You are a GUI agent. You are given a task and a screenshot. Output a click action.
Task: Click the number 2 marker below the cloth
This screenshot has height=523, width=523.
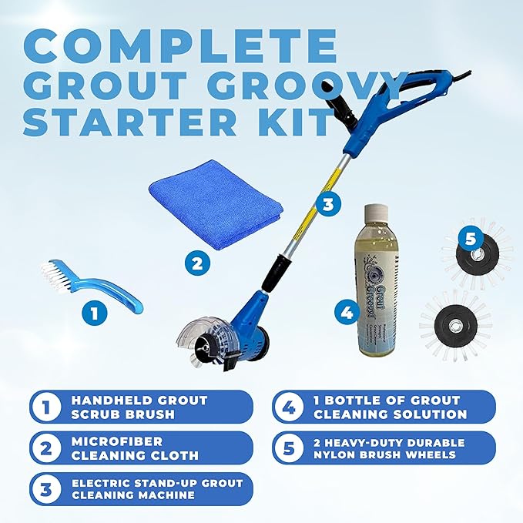(197, 263)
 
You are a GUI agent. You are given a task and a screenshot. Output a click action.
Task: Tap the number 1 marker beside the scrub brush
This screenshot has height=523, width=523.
(94, 313)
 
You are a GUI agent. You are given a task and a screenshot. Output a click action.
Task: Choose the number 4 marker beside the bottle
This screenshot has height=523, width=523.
(347, 313)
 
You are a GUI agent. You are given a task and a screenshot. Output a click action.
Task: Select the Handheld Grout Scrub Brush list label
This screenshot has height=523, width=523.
(139, 407)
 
